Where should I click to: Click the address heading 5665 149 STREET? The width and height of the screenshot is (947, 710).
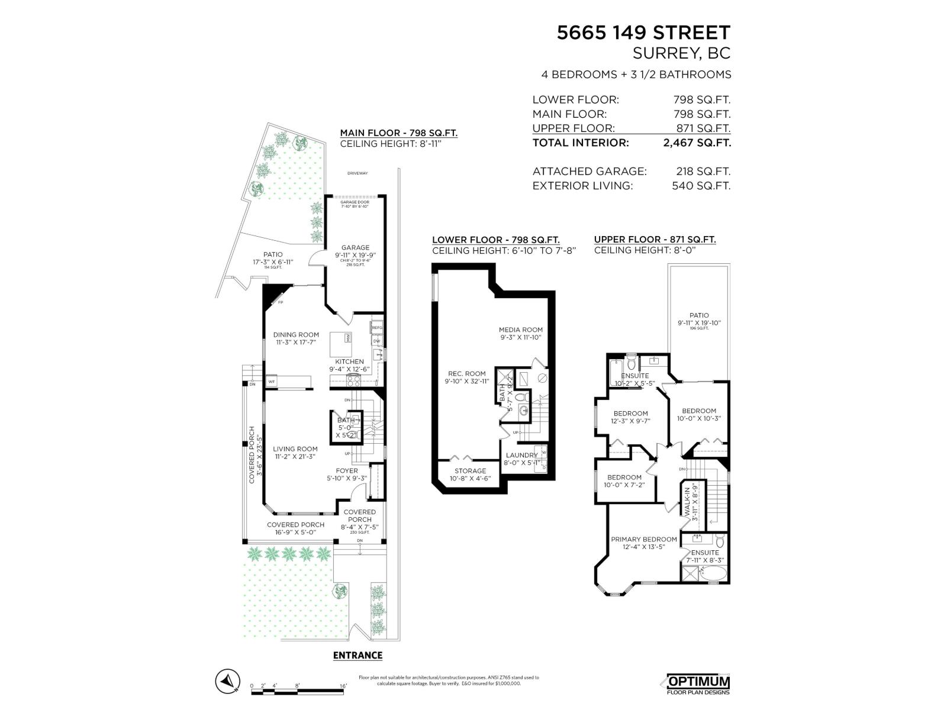click(x=643, y=33)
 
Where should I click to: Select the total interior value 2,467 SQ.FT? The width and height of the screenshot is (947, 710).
click(x=697, y=143)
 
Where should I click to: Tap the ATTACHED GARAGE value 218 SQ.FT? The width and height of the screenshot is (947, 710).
click(x=703, y=172)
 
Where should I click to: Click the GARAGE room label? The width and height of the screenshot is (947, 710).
click(x=355, y=248)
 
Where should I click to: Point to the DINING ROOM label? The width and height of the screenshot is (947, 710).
click(x=296, y=335)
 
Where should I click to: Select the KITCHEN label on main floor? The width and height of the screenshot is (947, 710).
click(x=349, y=362)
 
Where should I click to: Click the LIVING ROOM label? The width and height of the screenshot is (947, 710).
click(x=295, y=449)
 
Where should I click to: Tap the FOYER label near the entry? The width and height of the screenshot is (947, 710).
click(x=347, y=471)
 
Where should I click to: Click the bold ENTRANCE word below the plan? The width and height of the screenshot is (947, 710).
click(x=357, y=656)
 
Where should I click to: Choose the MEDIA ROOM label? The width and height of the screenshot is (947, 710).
click(x=520, y=330)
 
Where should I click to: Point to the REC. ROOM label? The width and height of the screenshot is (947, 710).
click(x=466, y=374)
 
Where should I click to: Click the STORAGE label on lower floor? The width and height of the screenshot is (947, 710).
click(x=470, y=471)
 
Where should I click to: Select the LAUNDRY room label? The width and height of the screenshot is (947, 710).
click(x=521, y=455)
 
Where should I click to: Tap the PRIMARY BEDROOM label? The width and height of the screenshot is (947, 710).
click(x=643, y=540)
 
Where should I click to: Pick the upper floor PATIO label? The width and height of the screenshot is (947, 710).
click(x=699, y=316)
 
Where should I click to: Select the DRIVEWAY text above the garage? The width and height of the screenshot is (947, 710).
click(x=357, y=173)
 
